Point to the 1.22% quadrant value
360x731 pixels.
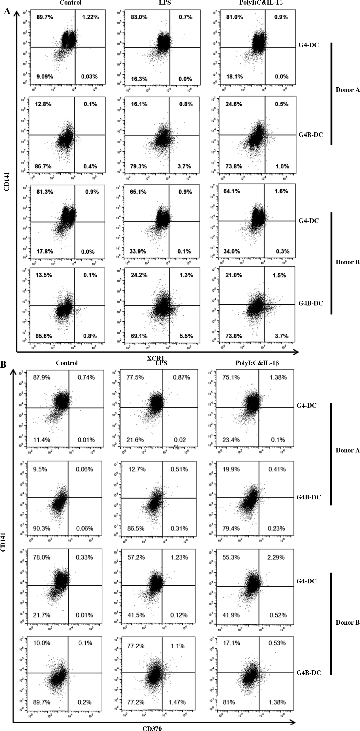(90, 17)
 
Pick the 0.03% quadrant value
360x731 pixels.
(89, 77)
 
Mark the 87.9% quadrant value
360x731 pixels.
(42, 377)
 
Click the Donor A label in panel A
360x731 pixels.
(348, 90)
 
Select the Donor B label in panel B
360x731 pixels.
(348, 623)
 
